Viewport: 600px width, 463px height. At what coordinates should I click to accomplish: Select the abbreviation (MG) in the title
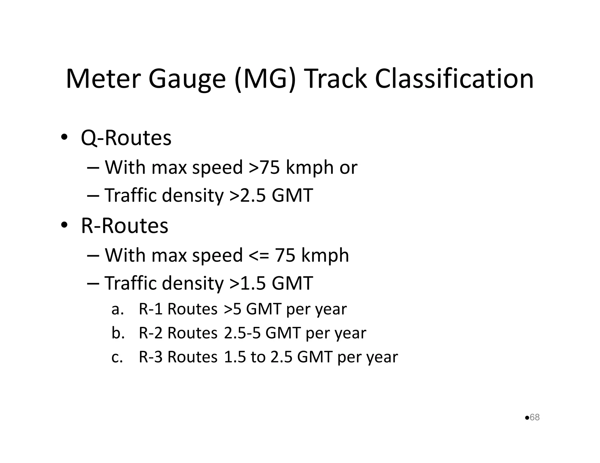point(265,79)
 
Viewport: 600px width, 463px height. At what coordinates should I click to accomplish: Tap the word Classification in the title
point(454,79)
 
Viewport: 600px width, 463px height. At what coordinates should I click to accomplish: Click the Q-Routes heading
point(126,138)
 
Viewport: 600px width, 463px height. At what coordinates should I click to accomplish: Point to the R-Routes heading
point(125,226)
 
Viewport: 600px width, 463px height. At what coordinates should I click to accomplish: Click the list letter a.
point(117,310)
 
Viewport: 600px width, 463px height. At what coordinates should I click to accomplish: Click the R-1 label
point(151,309)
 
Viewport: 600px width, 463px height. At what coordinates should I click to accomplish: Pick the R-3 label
point(151,357)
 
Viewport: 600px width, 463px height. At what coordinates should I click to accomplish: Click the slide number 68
point(535,417)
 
